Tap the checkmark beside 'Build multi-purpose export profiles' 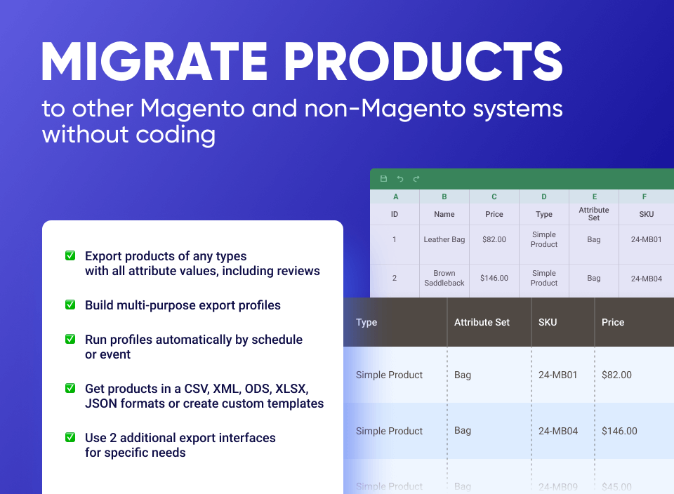70,305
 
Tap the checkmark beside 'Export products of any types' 70,256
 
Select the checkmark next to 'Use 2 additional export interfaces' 70,437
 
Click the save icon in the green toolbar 383,179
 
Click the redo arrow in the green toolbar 416,179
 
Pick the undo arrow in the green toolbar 400,179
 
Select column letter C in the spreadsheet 494,197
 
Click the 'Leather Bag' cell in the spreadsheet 444,239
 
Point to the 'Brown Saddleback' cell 444,278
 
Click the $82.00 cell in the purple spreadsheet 494,239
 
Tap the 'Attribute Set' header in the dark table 482,322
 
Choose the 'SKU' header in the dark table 548,322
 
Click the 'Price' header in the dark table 613,322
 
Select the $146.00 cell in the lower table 619,431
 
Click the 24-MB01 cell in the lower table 558,375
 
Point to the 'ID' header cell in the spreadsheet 395,214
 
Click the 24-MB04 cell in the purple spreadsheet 646,278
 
